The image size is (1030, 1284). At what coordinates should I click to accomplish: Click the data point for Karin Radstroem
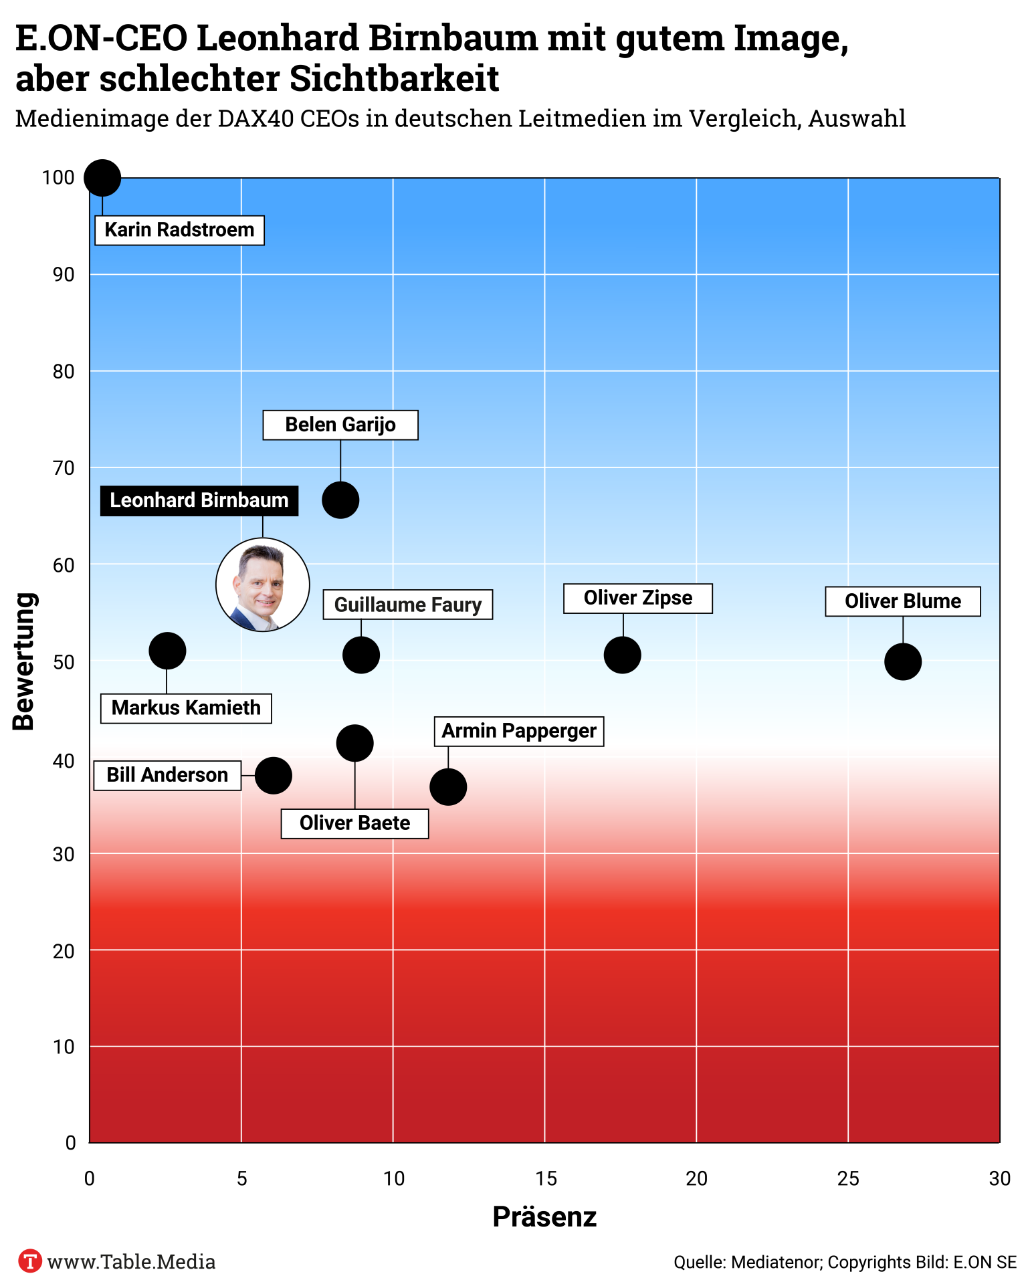[102, 178]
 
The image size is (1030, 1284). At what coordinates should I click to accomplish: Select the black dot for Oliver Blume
[903, 661]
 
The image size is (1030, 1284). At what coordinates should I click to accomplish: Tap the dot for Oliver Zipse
[623, 655]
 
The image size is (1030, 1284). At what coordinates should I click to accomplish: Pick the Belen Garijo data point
[340, 500]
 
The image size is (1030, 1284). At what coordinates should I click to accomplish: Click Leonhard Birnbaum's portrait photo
[263, 585]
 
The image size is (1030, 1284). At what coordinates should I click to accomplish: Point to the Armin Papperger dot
[448, 787]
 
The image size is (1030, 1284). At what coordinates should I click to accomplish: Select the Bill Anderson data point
[274, 776]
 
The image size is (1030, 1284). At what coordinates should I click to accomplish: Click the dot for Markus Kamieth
[167, 651]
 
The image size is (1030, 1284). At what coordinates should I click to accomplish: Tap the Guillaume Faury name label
[408, 605]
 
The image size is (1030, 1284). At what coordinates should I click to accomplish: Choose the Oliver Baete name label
[354, 823]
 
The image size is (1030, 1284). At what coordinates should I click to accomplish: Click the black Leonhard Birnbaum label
[199, 500]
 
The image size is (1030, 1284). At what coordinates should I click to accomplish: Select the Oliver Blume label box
[903, 601]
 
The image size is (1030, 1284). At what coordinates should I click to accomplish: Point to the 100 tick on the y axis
[58, 178]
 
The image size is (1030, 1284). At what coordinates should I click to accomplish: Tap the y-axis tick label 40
[64, 760]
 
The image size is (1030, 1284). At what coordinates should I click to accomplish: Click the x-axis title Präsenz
[544, 1216]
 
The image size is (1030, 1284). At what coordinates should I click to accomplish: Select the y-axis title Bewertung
[24, 661]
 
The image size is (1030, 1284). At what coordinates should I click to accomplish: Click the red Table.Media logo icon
[29, 1261]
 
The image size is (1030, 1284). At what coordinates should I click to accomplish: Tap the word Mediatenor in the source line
[776, 1262]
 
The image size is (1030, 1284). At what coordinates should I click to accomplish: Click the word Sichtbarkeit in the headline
[395, 79]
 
